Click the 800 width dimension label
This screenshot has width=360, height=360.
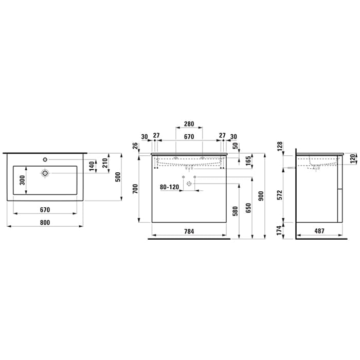click(x=45, y=223)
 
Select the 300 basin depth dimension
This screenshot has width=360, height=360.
click(x=22, y=180)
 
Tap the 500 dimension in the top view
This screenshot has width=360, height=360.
click(x=118, y=177)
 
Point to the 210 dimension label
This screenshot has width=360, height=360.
click(x=105, y=163)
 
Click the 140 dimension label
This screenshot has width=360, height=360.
click(x=92, y=166)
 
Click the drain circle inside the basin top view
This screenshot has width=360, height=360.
click(x=45, y=173)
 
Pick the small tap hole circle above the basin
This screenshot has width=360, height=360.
click(x=45, y=159)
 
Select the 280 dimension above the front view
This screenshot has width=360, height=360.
click(x=189, y=124)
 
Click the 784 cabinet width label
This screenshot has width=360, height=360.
click(x=189, y=231)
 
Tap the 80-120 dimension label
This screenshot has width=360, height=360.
click(x=169, y=187)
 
